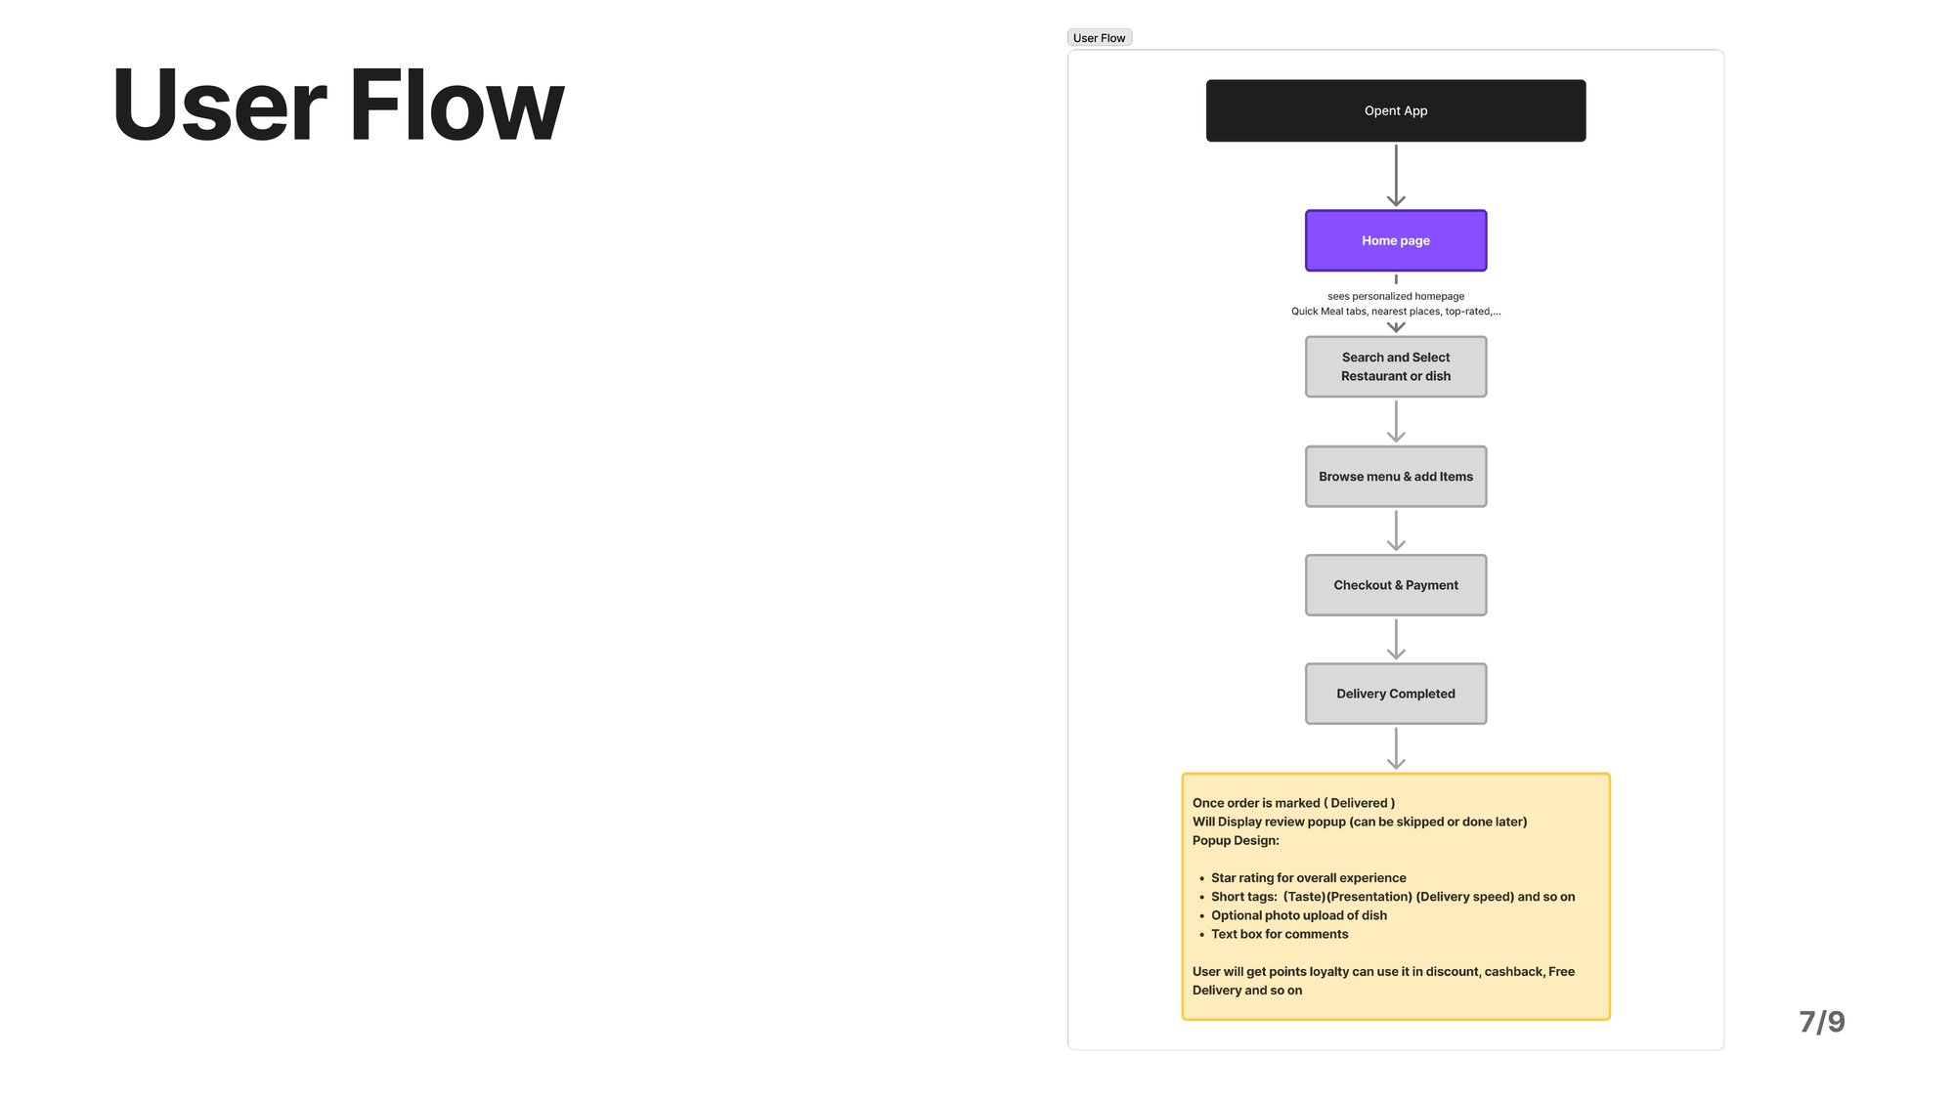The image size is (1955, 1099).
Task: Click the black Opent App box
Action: [x=1396, y=110]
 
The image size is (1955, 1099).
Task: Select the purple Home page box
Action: [x=1396, y=240]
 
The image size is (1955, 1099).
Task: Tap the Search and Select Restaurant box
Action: [x=1396, y=366]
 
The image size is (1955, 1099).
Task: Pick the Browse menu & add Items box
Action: [x=1396, y=477]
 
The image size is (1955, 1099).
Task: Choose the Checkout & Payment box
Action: [x=1396, y=585]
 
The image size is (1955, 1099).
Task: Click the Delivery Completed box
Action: [x=1396, y=694]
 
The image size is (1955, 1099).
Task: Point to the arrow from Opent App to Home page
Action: [x=1396, y=176]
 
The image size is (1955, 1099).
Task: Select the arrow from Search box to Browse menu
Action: [x=1396, y=421]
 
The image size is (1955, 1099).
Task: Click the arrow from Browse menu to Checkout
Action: [x=1396, y=530]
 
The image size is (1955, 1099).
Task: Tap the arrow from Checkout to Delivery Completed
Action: [x=1396, y=639]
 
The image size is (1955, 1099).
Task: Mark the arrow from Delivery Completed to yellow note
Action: [x=1396, y=748]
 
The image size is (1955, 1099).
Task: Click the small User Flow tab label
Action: [x=1100, y=38]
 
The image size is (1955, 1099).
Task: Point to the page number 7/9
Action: [x=1822, y=1022]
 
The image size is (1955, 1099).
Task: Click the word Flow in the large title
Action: [x=456, y=105]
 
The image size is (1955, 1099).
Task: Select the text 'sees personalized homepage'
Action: [x=1396, y=296]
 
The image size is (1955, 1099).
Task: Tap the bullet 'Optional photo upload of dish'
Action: [x=1299, y=915]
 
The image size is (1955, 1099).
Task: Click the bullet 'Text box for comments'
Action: [x=1280, y=934]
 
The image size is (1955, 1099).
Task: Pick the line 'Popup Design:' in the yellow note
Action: [x=1236, y=840]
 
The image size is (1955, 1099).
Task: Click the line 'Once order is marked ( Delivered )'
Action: [x=1293, y=803]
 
